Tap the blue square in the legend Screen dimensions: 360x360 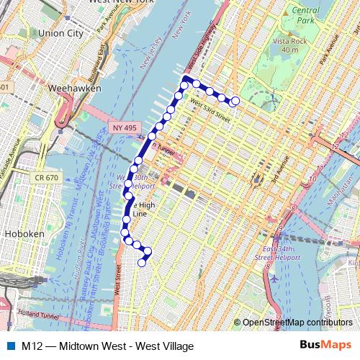[9, 346]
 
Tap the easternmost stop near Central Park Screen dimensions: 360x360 [235, 101]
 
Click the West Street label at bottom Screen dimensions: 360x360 [117, 288]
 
